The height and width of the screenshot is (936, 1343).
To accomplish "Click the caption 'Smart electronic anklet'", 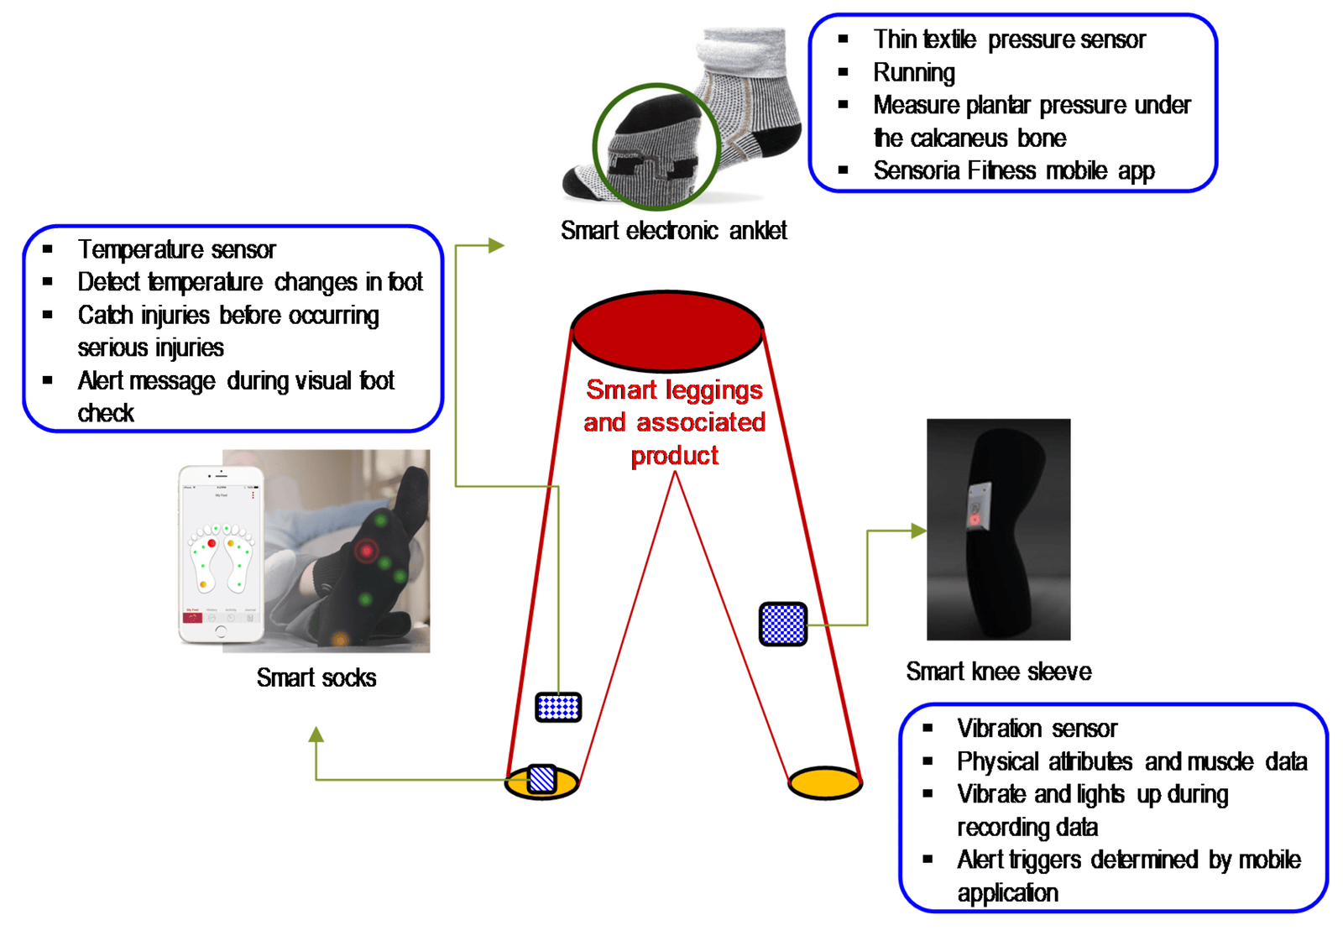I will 673,230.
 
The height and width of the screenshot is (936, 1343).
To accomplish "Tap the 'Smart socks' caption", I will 316,677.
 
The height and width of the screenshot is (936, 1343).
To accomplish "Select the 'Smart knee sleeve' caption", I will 998,672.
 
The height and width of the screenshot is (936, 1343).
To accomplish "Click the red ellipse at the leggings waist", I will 666,331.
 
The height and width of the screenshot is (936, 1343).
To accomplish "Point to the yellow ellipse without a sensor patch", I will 824,782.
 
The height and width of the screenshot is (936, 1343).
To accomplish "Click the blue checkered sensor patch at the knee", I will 782,624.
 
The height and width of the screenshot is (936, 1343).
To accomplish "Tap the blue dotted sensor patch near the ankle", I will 558,707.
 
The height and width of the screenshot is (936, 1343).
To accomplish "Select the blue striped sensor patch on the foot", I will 542,779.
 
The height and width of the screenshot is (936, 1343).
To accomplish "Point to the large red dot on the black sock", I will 366,551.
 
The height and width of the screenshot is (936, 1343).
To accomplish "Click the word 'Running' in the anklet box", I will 914,73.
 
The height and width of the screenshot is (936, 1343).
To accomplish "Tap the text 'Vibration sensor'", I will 1037,728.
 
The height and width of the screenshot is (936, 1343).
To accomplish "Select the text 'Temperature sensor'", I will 176,249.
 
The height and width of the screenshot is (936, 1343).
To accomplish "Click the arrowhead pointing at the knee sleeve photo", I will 919,531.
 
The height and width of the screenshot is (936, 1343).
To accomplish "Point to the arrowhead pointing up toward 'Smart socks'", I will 316,735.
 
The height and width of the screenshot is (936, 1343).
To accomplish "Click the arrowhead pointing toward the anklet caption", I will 496,245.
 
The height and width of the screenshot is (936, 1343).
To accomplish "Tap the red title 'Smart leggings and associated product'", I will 674,422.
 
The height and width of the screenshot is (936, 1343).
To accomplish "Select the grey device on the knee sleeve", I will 979,507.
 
